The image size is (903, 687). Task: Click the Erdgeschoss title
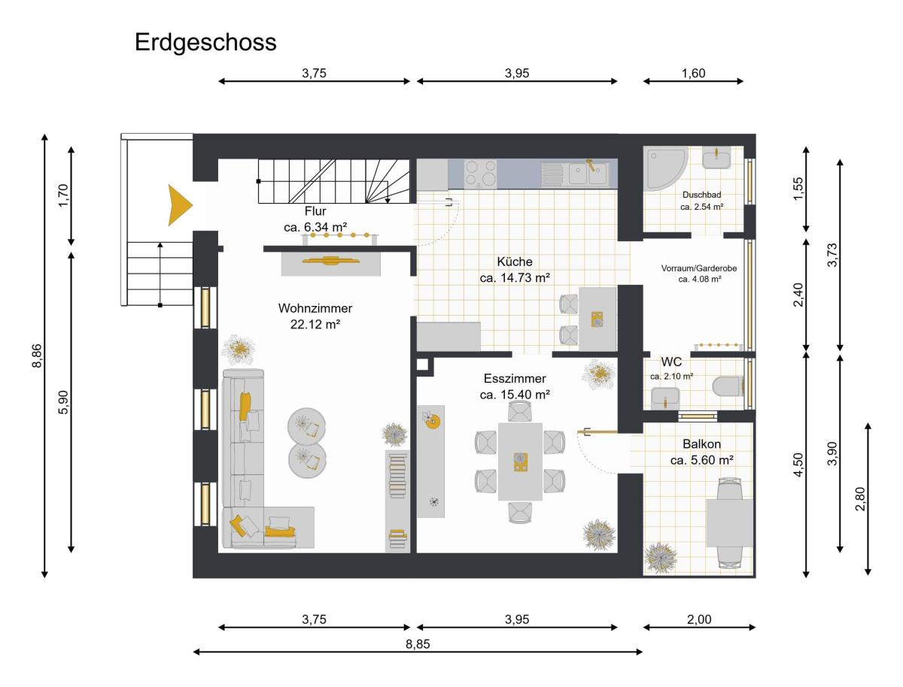205,43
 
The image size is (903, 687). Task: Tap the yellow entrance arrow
178,205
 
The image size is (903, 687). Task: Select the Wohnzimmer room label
315,307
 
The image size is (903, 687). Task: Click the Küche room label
515,262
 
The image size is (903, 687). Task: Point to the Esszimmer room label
515,378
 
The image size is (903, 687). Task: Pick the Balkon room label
701,443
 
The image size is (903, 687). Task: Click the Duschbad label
701,195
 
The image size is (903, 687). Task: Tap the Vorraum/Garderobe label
699,268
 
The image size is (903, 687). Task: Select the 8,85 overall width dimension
418,644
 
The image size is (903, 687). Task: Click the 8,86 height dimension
37,356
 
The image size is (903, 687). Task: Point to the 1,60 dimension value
693,73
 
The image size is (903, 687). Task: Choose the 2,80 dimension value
860,499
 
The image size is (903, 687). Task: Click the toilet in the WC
728,387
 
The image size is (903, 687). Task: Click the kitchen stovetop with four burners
479,174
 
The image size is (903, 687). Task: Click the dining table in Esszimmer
520,462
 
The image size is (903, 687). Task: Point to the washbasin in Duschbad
716,158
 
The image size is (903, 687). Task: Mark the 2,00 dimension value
699,619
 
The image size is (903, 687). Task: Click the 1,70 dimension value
63,195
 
